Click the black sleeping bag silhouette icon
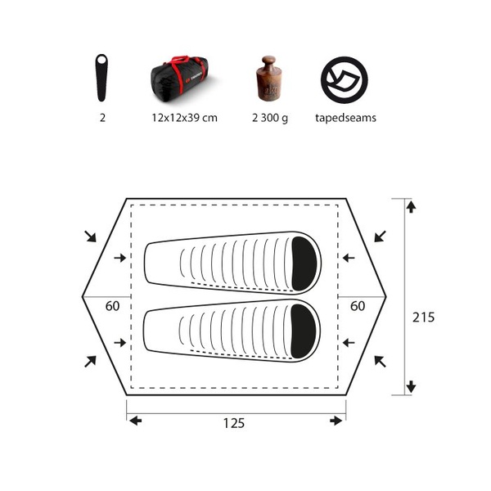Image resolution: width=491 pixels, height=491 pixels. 101,78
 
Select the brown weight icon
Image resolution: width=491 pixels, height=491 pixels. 268,79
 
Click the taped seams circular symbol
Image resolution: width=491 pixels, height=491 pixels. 345,80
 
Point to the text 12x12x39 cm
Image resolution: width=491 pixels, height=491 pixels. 184,118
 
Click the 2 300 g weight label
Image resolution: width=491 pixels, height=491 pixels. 270,118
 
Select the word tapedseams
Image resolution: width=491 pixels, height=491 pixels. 345,118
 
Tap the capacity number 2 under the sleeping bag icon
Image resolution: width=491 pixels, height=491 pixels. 102,118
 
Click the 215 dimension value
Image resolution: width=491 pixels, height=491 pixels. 423,318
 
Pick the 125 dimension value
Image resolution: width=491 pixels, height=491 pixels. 233,423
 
